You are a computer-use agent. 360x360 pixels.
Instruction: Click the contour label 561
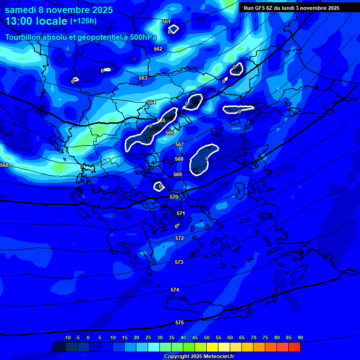(166, 22)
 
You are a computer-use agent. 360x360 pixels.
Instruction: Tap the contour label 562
(158, 49)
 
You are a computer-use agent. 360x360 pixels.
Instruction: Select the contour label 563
(143, 78)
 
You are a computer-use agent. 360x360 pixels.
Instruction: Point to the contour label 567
(179, 145)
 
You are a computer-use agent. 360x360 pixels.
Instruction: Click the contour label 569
(178, 175)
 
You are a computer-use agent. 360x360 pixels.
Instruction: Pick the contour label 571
(181, 214)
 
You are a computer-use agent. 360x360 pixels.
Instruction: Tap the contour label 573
(179, 262)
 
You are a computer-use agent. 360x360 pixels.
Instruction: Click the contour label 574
(175, 290)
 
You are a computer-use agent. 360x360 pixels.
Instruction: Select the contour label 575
(180, 323)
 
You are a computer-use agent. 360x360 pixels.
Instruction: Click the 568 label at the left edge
(4, 165)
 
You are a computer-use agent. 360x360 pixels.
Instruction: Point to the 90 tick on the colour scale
(300, 338)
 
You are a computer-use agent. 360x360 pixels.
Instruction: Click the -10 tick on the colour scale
(67, 338)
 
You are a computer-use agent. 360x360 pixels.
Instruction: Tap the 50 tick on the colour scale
(206, 338)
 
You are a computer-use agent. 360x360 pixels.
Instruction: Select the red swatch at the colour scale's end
(294, 347)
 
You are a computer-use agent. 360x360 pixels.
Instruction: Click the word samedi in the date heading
(21, 10)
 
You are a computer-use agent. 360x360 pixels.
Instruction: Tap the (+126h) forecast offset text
(84, 21)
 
